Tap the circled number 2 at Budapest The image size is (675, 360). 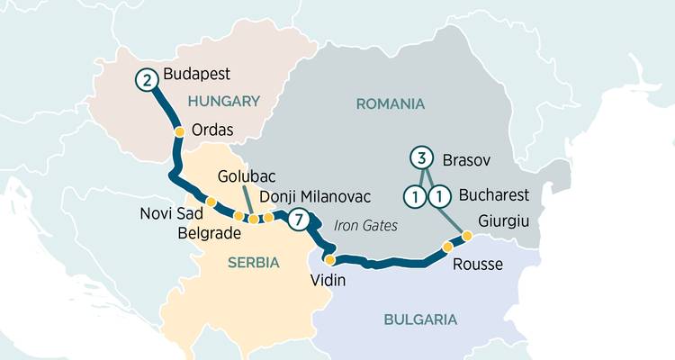click(146, 79)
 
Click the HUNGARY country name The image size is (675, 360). click(224, 102)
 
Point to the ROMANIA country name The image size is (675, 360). click(390, 103)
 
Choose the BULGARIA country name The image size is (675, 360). click(420, 319)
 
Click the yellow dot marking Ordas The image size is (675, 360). click(179, 131)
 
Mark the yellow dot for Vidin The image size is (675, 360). click(317, 259)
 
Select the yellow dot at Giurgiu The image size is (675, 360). click(466, 236)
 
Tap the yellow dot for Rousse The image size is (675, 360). click(447, 246)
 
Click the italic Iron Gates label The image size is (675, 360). click(364, 224)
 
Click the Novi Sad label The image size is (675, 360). click(168, 214)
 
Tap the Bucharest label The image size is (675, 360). click(493, 194)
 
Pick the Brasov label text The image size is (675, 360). click(466, 160)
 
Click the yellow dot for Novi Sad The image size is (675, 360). click(211, 202)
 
